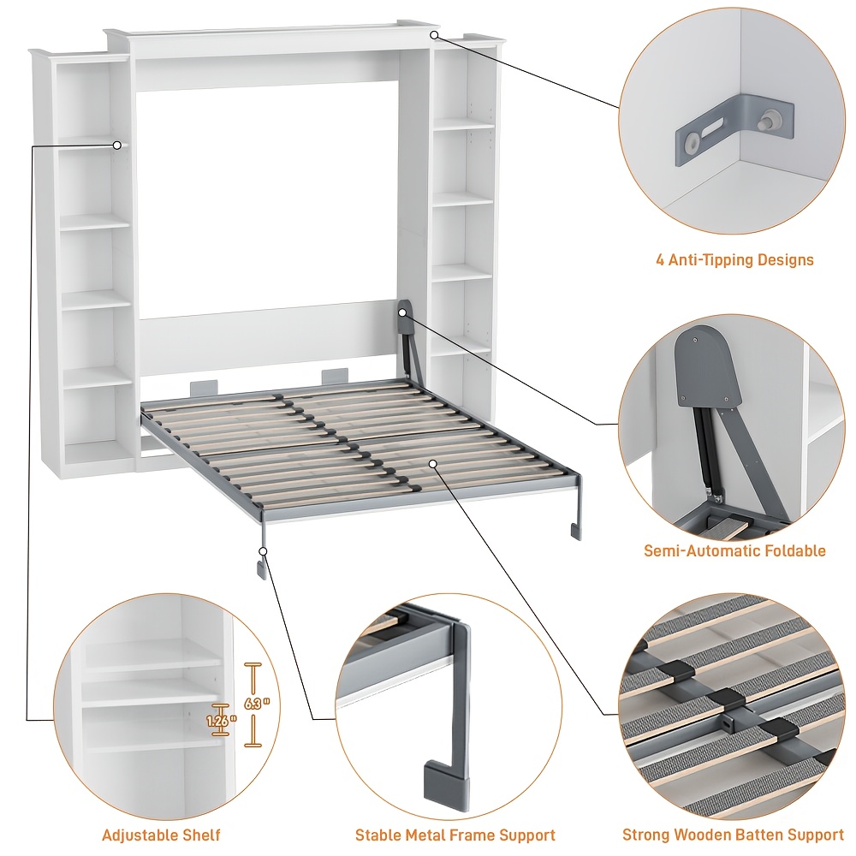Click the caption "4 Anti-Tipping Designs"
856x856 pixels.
tap(734, 259)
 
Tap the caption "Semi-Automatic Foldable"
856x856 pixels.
tap(734, 550)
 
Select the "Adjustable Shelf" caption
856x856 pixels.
tap(161, 835)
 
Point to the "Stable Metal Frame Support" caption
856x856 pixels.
tap(455, 835)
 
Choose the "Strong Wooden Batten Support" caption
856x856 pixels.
tap(733, 835)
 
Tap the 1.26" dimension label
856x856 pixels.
tap(221, 722)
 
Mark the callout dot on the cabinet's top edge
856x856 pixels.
tap(434, 35)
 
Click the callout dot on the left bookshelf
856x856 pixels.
tap(117, 146)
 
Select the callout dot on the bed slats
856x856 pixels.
tap(434, 463)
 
